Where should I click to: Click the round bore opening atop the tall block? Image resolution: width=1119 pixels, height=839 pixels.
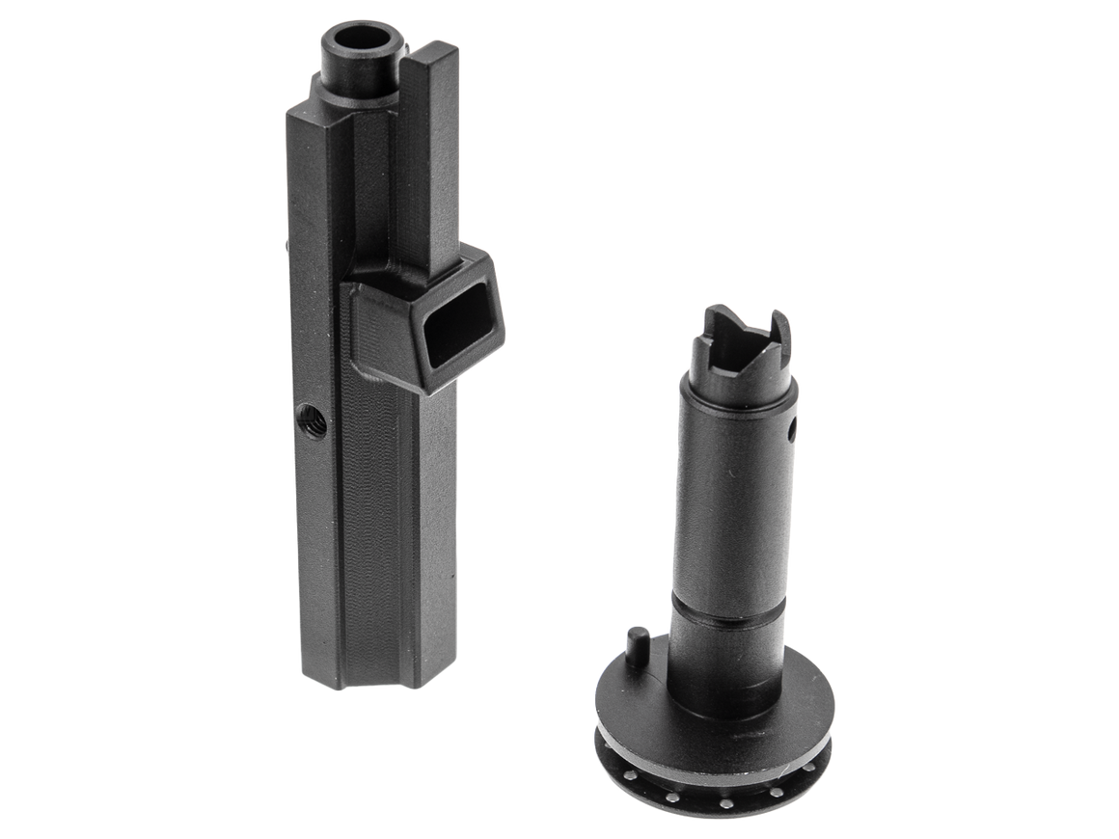pos(363,41)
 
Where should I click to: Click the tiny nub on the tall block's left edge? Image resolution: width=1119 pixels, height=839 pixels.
pos(287,248)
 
